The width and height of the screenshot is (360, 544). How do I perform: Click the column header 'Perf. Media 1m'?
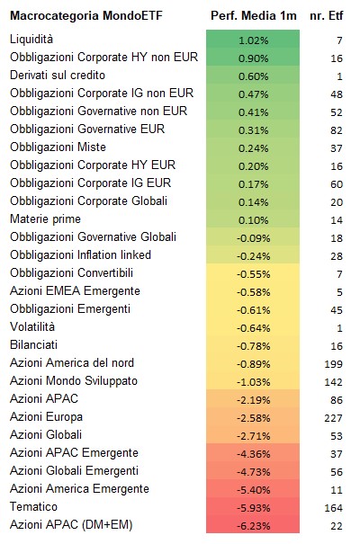tap(254, 15)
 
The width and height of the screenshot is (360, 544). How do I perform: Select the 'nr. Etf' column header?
tap(327, 15)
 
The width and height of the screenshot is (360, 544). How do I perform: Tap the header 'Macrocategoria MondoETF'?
tap(86, 15)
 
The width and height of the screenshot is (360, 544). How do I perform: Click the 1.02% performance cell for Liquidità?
tap(253, 40)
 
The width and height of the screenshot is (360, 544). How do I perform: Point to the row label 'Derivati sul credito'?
tap(58, 75)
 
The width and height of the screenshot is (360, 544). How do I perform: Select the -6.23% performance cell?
tap(253, 526)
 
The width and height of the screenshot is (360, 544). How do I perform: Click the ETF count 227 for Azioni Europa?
tap(333, 418)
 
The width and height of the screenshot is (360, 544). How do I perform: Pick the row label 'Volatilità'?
tap(32, 326)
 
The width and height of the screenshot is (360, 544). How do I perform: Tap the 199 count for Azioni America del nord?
tap(333, 364)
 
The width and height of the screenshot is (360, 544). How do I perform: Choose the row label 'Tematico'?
tap(33, 506)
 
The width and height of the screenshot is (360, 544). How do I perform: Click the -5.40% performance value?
tap(253, 490)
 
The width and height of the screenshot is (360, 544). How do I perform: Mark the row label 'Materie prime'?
tap(46, 218)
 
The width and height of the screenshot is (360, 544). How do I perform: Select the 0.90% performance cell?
tap(253, 58)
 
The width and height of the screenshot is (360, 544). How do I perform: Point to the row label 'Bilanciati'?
tap(33, 345)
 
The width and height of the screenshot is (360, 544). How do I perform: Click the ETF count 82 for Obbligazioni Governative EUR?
tap(337, 130)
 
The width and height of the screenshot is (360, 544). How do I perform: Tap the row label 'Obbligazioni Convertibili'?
tap(71, 272)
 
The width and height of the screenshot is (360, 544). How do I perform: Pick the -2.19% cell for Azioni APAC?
tap(253, 400)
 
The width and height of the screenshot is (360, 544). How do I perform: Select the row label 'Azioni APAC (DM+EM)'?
tap(71, 524)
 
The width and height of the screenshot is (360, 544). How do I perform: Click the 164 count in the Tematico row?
tap(333, 508)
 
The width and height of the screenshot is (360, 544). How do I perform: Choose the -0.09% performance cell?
tap(253, 238)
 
